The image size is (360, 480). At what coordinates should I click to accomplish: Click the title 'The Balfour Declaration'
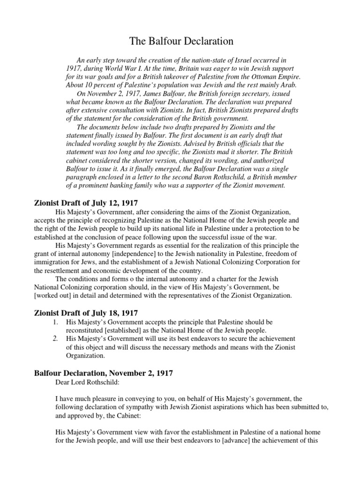pyautogui.click(x=181, y=42)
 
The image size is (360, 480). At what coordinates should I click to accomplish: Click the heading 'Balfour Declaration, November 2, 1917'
pyautogui.click(x=104, y=373)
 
